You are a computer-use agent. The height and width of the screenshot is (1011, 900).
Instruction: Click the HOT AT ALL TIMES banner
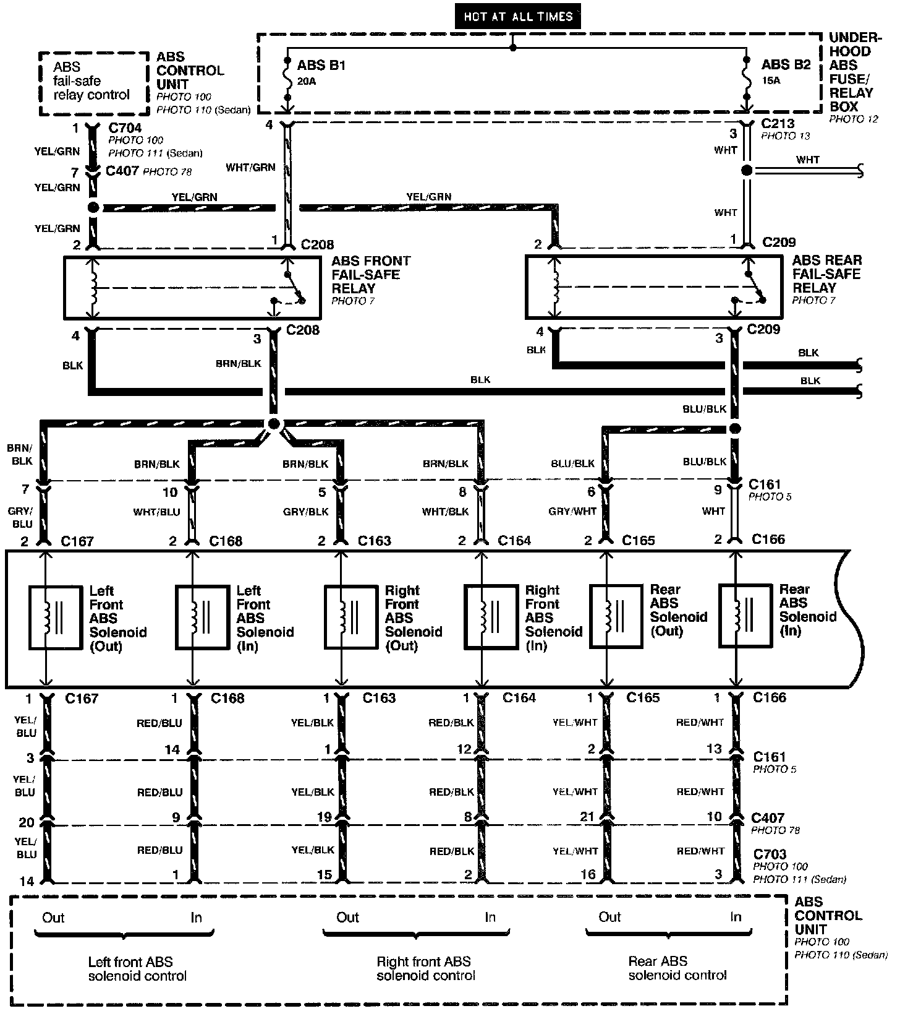(517, 16)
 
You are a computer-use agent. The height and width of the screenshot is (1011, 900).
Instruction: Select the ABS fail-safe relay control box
(94, 83)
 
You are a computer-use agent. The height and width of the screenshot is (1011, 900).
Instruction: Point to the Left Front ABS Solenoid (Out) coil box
(56, 617)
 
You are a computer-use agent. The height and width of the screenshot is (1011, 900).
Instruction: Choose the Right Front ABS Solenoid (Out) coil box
(350, 616)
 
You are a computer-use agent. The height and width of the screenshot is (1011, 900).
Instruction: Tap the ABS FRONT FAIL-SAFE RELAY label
(371, 275)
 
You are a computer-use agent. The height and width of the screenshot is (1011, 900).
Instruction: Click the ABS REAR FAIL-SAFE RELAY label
(826, 274)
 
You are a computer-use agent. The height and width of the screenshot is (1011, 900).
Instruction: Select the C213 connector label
(778, 124)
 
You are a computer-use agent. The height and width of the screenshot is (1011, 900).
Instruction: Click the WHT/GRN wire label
(250, 167)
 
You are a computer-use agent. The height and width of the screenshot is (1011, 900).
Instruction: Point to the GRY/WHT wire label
(572, 512)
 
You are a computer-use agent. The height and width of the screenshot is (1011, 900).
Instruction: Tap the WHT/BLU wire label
(156, 512)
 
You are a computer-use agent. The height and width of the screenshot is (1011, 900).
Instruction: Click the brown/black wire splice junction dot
(274, 424)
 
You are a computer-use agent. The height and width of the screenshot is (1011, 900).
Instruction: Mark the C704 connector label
(125, 128)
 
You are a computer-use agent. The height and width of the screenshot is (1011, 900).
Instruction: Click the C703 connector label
(770, 855)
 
